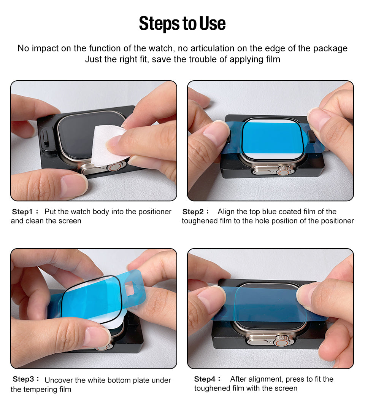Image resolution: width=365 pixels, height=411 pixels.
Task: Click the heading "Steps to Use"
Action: [182, 24]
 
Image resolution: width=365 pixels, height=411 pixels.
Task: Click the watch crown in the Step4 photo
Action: [281, 339]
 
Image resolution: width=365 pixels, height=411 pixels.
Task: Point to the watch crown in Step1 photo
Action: [116, 166]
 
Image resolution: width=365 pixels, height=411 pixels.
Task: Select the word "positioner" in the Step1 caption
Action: [152, 212]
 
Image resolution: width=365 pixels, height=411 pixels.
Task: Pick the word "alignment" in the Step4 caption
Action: [266, 379]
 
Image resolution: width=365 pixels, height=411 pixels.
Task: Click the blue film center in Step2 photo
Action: [271, 139]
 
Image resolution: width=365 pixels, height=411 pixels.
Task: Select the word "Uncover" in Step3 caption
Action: [59, 380]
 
